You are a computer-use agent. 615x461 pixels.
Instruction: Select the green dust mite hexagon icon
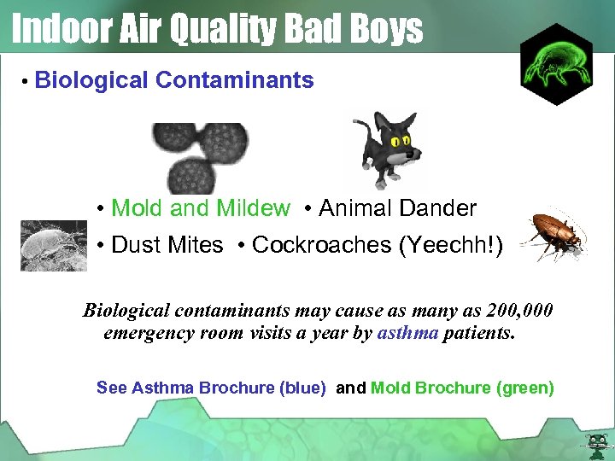tap(556, 64)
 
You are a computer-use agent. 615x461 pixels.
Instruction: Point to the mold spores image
tap(200, 156)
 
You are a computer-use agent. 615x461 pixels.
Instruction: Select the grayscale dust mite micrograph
tap(53, 245)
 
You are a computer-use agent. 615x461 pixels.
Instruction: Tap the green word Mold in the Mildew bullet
tap(138, 207)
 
